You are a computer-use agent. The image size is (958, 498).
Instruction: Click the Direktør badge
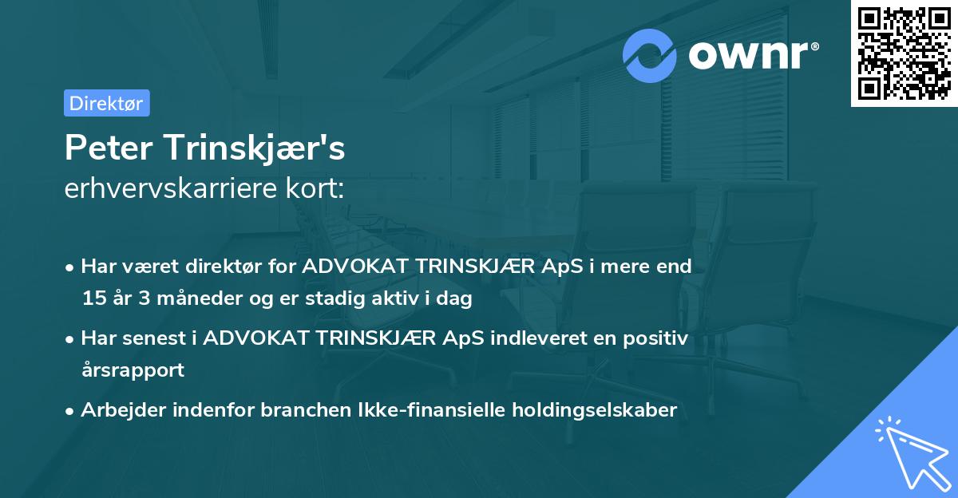[106, 103]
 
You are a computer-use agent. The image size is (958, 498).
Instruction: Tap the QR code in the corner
[904, 53]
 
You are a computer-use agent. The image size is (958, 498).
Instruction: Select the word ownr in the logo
[746, 54]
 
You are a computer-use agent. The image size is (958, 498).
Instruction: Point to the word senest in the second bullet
[160, 338]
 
